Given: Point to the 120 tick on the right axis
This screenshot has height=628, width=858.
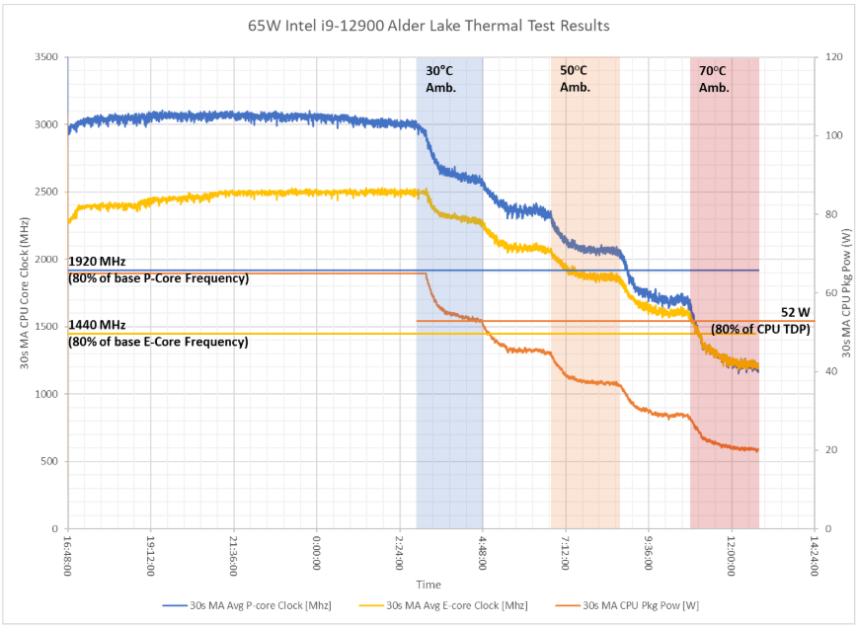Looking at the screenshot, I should pos(822,57).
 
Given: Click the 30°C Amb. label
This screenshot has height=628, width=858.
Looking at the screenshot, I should pos(440,79).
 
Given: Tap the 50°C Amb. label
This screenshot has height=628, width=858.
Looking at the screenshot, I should pos(575,79).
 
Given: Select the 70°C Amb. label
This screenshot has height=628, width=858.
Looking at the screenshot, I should pos(714,79).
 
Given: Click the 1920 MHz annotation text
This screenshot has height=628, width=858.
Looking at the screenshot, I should pos(97,261).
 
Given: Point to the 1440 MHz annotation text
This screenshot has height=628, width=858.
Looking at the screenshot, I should pos(97,325).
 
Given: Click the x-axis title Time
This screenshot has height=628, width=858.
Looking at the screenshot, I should pos(429,585).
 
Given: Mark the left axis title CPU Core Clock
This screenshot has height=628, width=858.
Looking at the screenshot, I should pos(24,293).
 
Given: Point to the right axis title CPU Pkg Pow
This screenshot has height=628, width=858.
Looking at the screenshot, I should pos(846,293).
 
